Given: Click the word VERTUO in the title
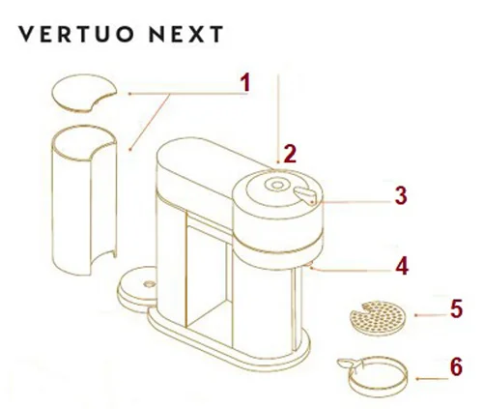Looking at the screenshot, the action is (75, 34).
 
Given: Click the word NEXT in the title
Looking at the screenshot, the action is (186, 34).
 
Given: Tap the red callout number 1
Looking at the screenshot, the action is (245, 82).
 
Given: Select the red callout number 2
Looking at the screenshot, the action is (290, 154).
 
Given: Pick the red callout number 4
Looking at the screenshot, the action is (402, 266).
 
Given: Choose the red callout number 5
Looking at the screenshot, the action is (456, 308).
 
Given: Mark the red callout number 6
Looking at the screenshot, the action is (456, 366).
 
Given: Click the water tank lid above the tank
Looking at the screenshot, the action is (84, 94).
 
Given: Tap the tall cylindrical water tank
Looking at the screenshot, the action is (84, 200).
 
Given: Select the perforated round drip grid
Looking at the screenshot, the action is (377, 318).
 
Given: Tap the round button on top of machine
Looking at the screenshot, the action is (277, 185).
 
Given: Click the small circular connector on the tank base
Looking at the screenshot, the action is (149, 284).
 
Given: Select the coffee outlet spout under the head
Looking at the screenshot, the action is (309, 265).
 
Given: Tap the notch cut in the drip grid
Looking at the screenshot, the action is (368, 308).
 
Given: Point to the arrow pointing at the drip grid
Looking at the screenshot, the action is (431, 315).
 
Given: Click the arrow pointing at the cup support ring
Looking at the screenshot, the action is (432, 379).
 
